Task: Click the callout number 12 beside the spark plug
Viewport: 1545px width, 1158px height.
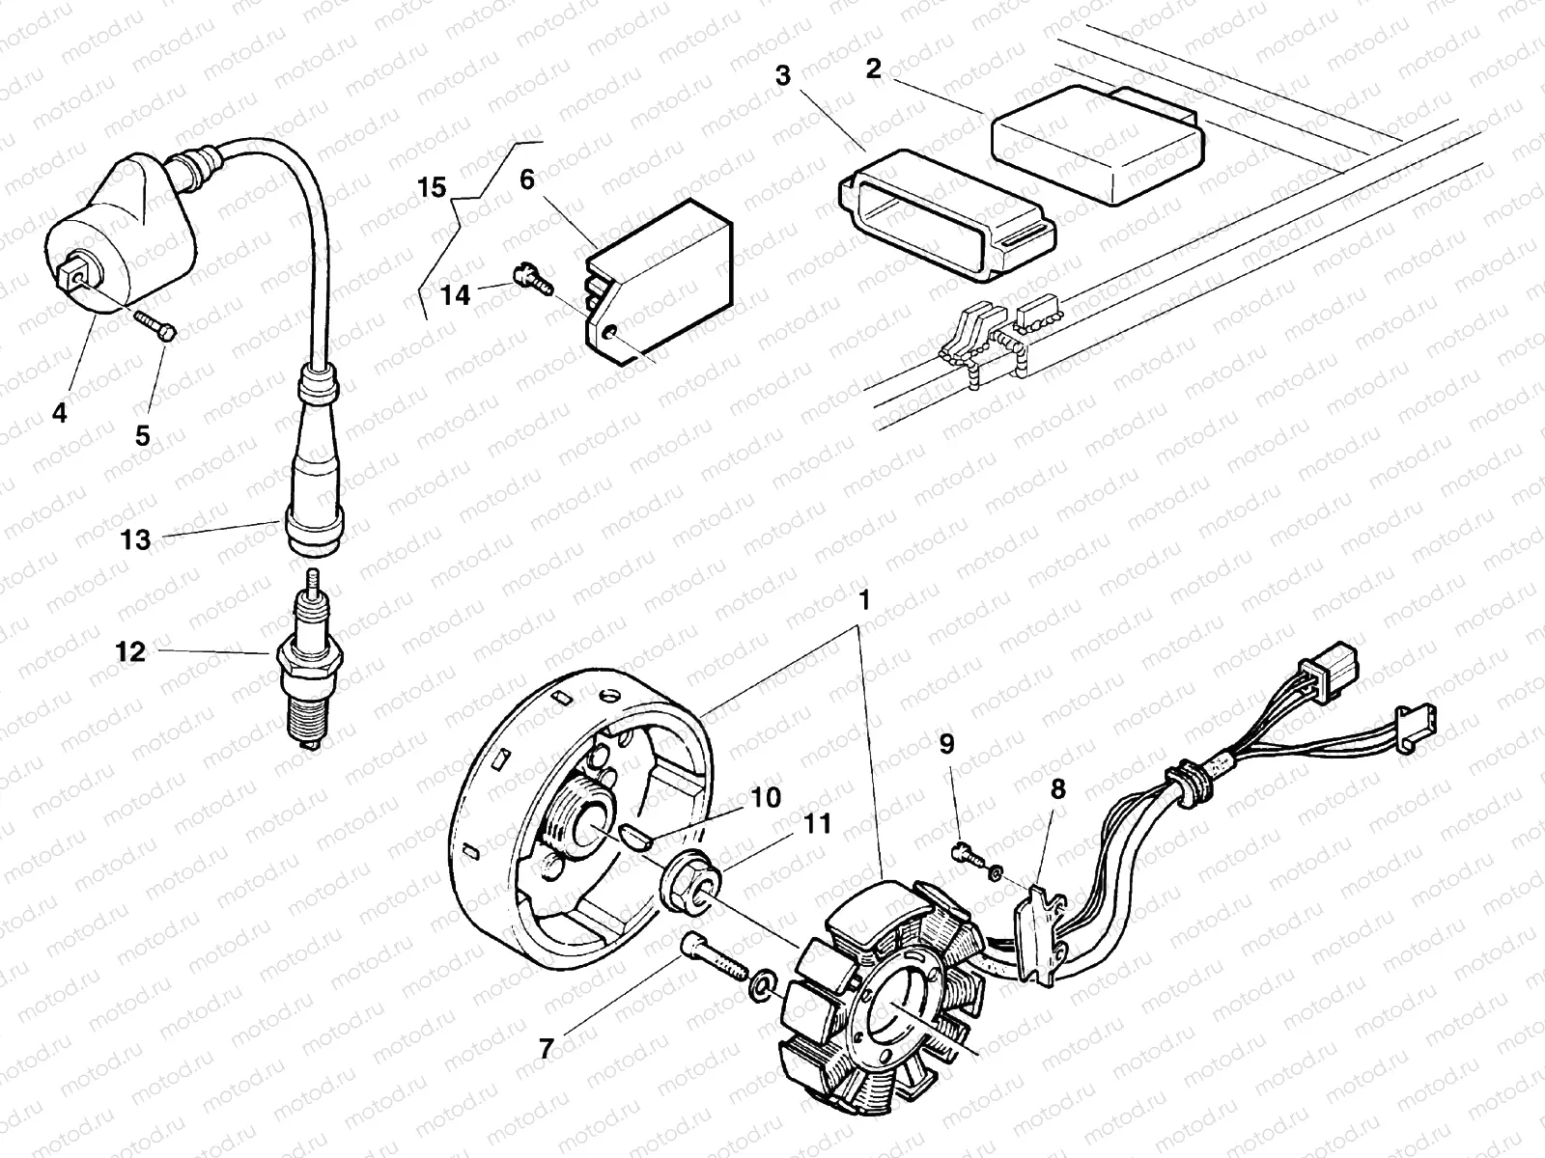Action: coord(129,652)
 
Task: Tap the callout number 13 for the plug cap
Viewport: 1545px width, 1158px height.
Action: coord(135,540)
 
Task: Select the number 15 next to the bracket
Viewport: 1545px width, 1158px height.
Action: coord(434,187)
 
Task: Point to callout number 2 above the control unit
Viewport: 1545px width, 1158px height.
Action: coord(873,69)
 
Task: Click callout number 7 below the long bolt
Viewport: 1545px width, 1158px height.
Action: coord(546,1049)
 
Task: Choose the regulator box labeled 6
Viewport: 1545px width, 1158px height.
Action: coord(666,280)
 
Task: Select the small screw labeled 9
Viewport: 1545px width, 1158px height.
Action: coord(966,852)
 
